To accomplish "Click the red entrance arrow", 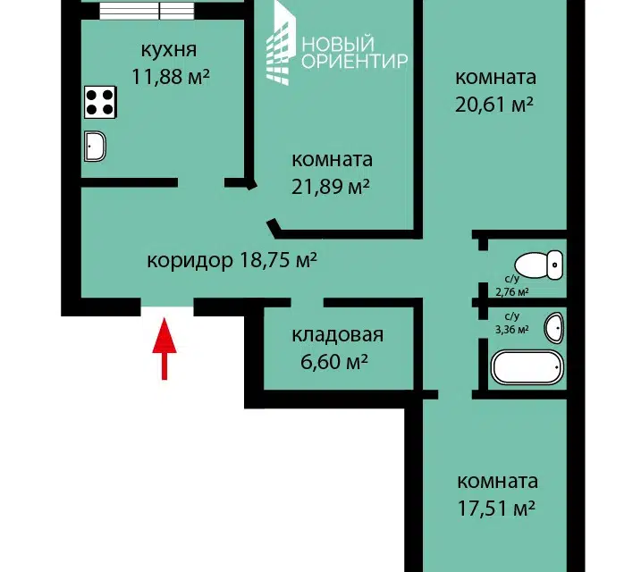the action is (164, 349).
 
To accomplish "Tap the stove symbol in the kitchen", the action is (100, 102).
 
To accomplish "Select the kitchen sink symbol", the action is (95, 146).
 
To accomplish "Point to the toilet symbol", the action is (538, 265).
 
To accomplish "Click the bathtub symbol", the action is (527, 367).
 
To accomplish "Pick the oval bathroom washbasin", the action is (554, 328).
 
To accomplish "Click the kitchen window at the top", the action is (148, 11).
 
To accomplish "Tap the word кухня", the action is (169, 50).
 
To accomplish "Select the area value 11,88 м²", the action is (171, 76).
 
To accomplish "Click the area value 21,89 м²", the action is (330, 187).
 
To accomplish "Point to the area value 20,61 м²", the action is (494, 105).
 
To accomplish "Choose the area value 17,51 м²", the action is (496, 509).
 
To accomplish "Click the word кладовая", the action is (338, 335).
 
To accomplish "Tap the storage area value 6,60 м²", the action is (334, 362).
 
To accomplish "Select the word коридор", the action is (190, 260).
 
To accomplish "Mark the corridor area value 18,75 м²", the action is (278, 259).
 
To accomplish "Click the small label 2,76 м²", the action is (512, 292).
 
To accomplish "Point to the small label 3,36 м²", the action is (512, 329).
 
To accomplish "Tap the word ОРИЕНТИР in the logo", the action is (354, 62).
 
